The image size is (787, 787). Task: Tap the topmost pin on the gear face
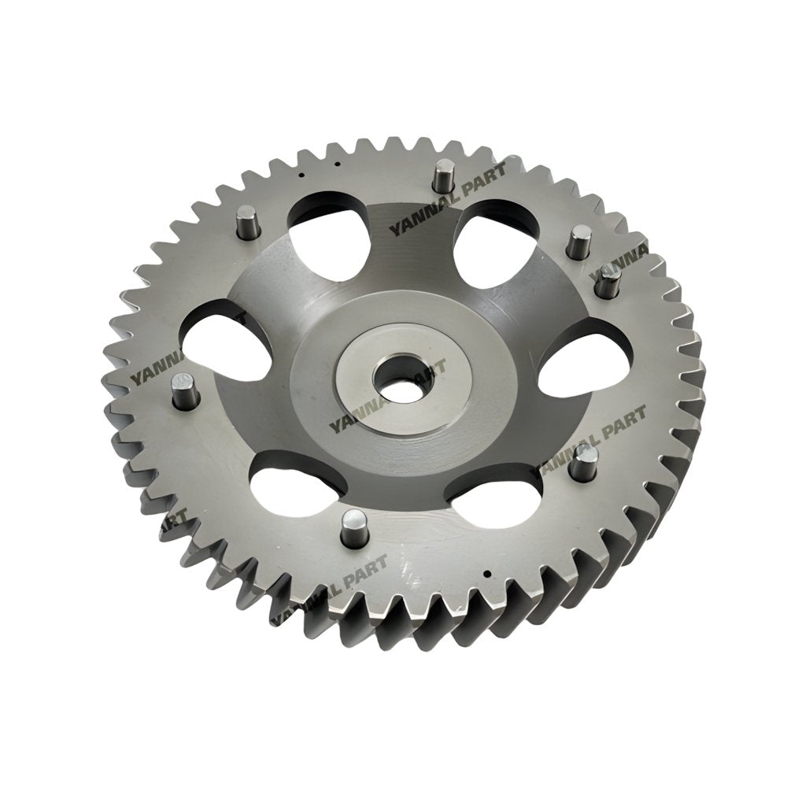coord(445,174)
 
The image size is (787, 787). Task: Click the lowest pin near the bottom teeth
coord(353,527)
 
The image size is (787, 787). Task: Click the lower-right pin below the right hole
coord(583,464)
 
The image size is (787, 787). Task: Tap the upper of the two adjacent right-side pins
coord(581,238)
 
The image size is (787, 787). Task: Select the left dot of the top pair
coord(303,169)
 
